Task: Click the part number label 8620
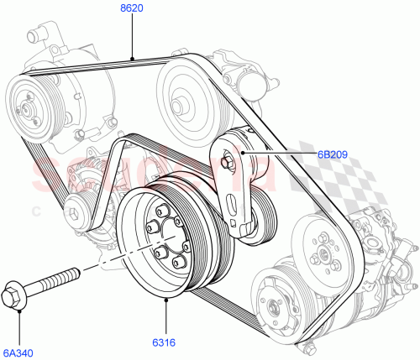click(x=130, y=9)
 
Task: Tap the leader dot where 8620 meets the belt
click(x=132, y=57)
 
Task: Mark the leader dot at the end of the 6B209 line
click(x=243, y=154)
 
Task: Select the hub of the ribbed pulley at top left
click(x=31, y=107)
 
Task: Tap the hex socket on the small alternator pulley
click(x=81, y=213)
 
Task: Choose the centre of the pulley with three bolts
click(x=321, y=248)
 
